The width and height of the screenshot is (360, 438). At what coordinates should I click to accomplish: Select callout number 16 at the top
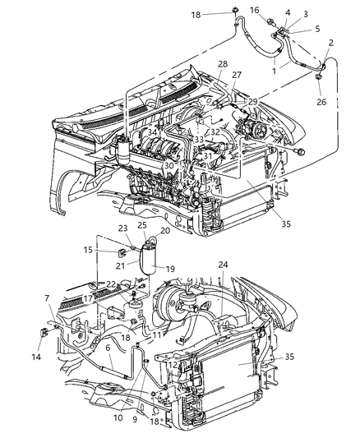(255, 10)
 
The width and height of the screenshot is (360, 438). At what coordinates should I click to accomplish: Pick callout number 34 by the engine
(151, 131)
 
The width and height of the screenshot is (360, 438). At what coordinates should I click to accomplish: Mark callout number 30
(169, 166)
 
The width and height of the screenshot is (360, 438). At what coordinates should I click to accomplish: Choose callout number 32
(215, 131)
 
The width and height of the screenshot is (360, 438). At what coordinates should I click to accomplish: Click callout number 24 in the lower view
(224, 265)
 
